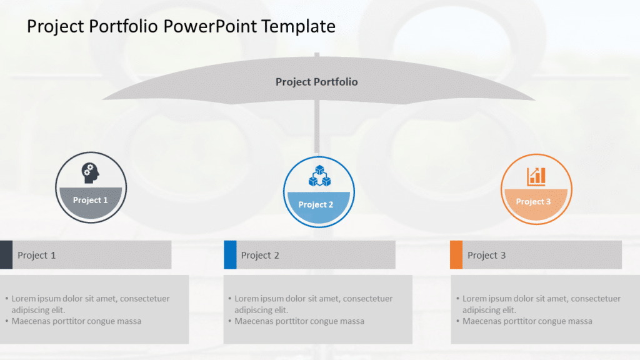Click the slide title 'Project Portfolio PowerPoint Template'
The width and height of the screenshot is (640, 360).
click(181, 26)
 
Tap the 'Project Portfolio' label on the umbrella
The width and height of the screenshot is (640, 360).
click(316, 82)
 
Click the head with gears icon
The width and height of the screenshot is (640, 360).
click(91, 173)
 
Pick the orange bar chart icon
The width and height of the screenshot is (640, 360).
click(536, 176)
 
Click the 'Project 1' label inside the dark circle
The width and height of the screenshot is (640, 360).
click(91, 200)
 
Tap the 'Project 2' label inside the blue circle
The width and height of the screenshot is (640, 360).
click(316, 204)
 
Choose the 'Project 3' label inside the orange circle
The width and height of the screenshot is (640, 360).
click(533, 201)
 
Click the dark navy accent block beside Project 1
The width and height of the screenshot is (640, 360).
click(6, 254)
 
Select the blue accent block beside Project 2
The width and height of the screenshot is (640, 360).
click(230, 254)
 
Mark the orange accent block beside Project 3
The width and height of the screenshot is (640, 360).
click(456, 254)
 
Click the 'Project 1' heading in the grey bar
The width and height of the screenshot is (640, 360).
click(37, 255)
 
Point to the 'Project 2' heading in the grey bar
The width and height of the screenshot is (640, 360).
click(260, 255)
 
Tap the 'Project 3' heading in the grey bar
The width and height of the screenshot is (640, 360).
click(486, 255)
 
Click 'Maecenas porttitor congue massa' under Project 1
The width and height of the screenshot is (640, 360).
click(76, 321)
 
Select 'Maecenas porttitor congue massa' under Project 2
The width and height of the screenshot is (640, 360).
click(299, 321)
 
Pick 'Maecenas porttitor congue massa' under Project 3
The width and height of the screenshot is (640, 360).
click(527, 321)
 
